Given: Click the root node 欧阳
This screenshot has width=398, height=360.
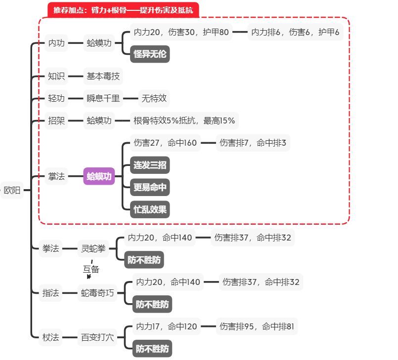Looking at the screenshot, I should click(x=12, y=190).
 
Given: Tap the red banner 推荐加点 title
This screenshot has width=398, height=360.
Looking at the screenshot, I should click(x=123, y=10).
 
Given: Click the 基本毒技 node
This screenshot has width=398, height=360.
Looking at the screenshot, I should click(x=103, y=76).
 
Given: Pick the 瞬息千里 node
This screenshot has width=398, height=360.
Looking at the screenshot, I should click(x=103, y=98).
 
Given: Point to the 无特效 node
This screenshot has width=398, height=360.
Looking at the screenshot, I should click(x=154, y=98).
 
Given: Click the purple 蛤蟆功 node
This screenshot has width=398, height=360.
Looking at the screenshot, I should click(x=99, y=176).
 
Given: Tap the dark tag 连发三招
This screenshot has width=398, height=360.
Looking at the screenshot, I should click(x=150, y=165).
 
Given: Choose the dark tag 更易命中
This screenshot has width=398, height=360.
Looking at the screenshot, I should click(x=150, y=187).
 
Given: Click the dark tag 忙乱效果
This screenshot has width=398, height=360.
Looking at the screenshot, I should click(x=150, y=209).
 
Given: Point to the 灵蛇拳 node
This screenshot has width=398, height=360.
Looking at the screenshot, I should click(x=93, y=248).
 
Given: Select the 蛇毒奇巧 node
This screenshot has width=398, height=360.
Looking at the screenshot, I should click(x=97, y=293).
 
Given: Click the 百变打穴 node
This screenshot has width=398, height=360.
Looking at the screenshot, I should click(x=97, y=338).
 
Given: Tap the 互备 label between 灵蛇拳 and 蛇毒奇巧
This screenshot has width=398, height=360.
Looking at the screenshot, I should click(x=91, y=270).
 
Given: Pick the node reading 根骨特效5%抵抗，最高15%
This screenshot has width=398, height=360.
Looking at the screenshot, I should click(x=184, y=120).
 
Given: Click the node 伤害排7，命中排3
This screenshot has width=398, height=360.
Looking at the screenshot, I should click(x=253, y=143).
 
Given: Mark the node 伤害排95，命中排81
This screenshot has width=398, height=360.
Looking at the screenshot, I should click(x=257, y=327).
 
